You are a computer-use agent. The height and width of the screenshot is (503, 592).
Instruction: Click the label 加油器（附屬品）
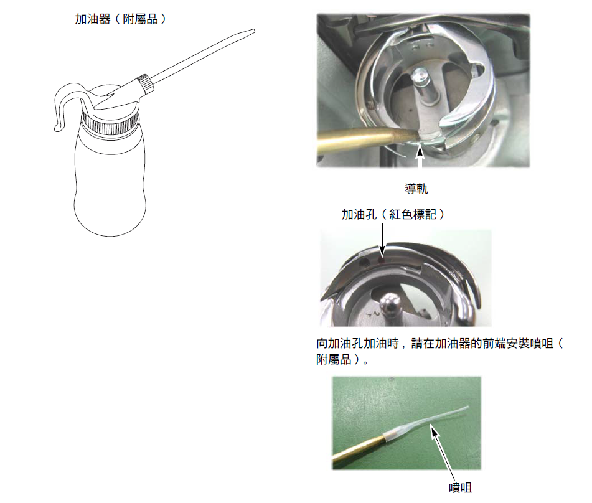[120, 19]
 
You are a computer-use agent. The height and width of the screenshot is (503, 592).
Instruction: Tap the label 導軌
[416, 189]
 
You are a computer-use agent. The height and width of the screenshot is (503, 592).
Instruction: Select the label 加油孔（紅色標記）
[393, 215]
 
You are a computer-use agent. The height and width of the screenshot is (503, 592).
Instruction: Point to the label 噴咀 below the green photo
[460, 487]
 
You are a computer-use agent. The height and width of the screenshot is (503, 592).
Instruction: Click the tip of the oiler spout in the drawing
[254, 31]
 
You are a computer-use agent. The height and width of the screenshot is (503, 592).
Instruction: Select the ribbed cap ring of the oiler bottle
[110, 125]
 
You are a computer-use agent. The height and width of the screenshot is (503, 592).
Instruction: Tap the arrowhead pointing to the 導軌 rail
[420, 152]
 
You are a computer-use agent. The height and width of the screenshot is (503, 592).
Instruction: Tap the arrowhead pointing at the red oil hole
[382, 251]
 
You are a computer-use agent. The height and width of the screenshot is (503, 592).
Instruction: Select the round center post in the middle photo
[390, 305]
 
